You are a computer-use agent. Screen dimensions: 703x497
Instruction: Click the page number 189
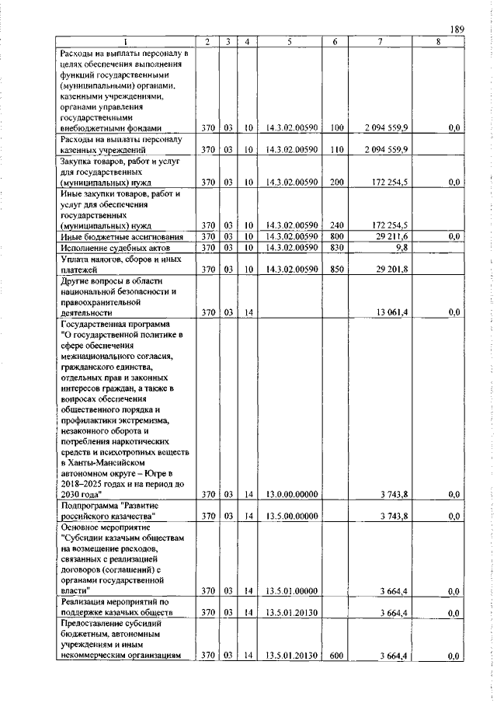point(456,30)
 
